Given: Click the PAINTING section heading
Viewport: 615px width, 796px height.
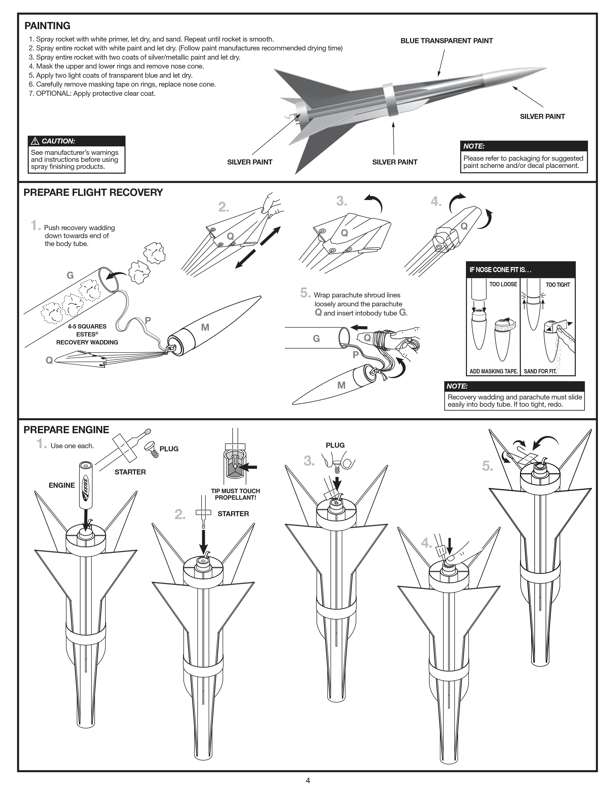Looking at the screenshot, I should [x=47, y=26].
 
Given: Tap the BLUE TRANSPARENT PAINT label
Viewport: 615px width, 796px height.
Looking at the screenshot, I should [x=446, y=41].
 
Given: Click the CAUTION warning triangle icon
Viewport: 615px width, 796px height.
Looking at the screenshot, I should [x=35, y=141].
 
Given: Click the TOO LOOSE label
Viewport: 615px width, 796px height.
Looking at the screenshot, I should [x=503, y=284].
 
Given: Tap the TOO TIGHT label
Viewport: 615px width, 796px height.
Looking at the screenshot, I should [x=557, y=285].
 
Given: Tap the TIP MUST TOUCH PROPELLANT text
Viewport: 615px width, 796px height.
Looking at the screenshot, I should [x=235, y=494].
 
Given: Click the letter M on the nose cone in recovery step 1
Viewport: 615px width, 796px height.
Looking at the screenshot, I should [x=205, y=327].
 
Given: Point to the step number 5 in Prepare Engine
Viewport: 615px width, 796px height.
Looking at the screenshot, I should [x=487, y=466].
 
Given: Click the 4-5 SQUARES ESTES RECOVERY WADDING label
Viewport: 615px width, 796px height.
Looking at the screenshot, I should [x=87, y=334].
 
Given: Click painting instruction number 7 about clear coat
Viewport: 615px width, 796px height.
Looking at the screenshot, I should [x=92, y=94].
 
